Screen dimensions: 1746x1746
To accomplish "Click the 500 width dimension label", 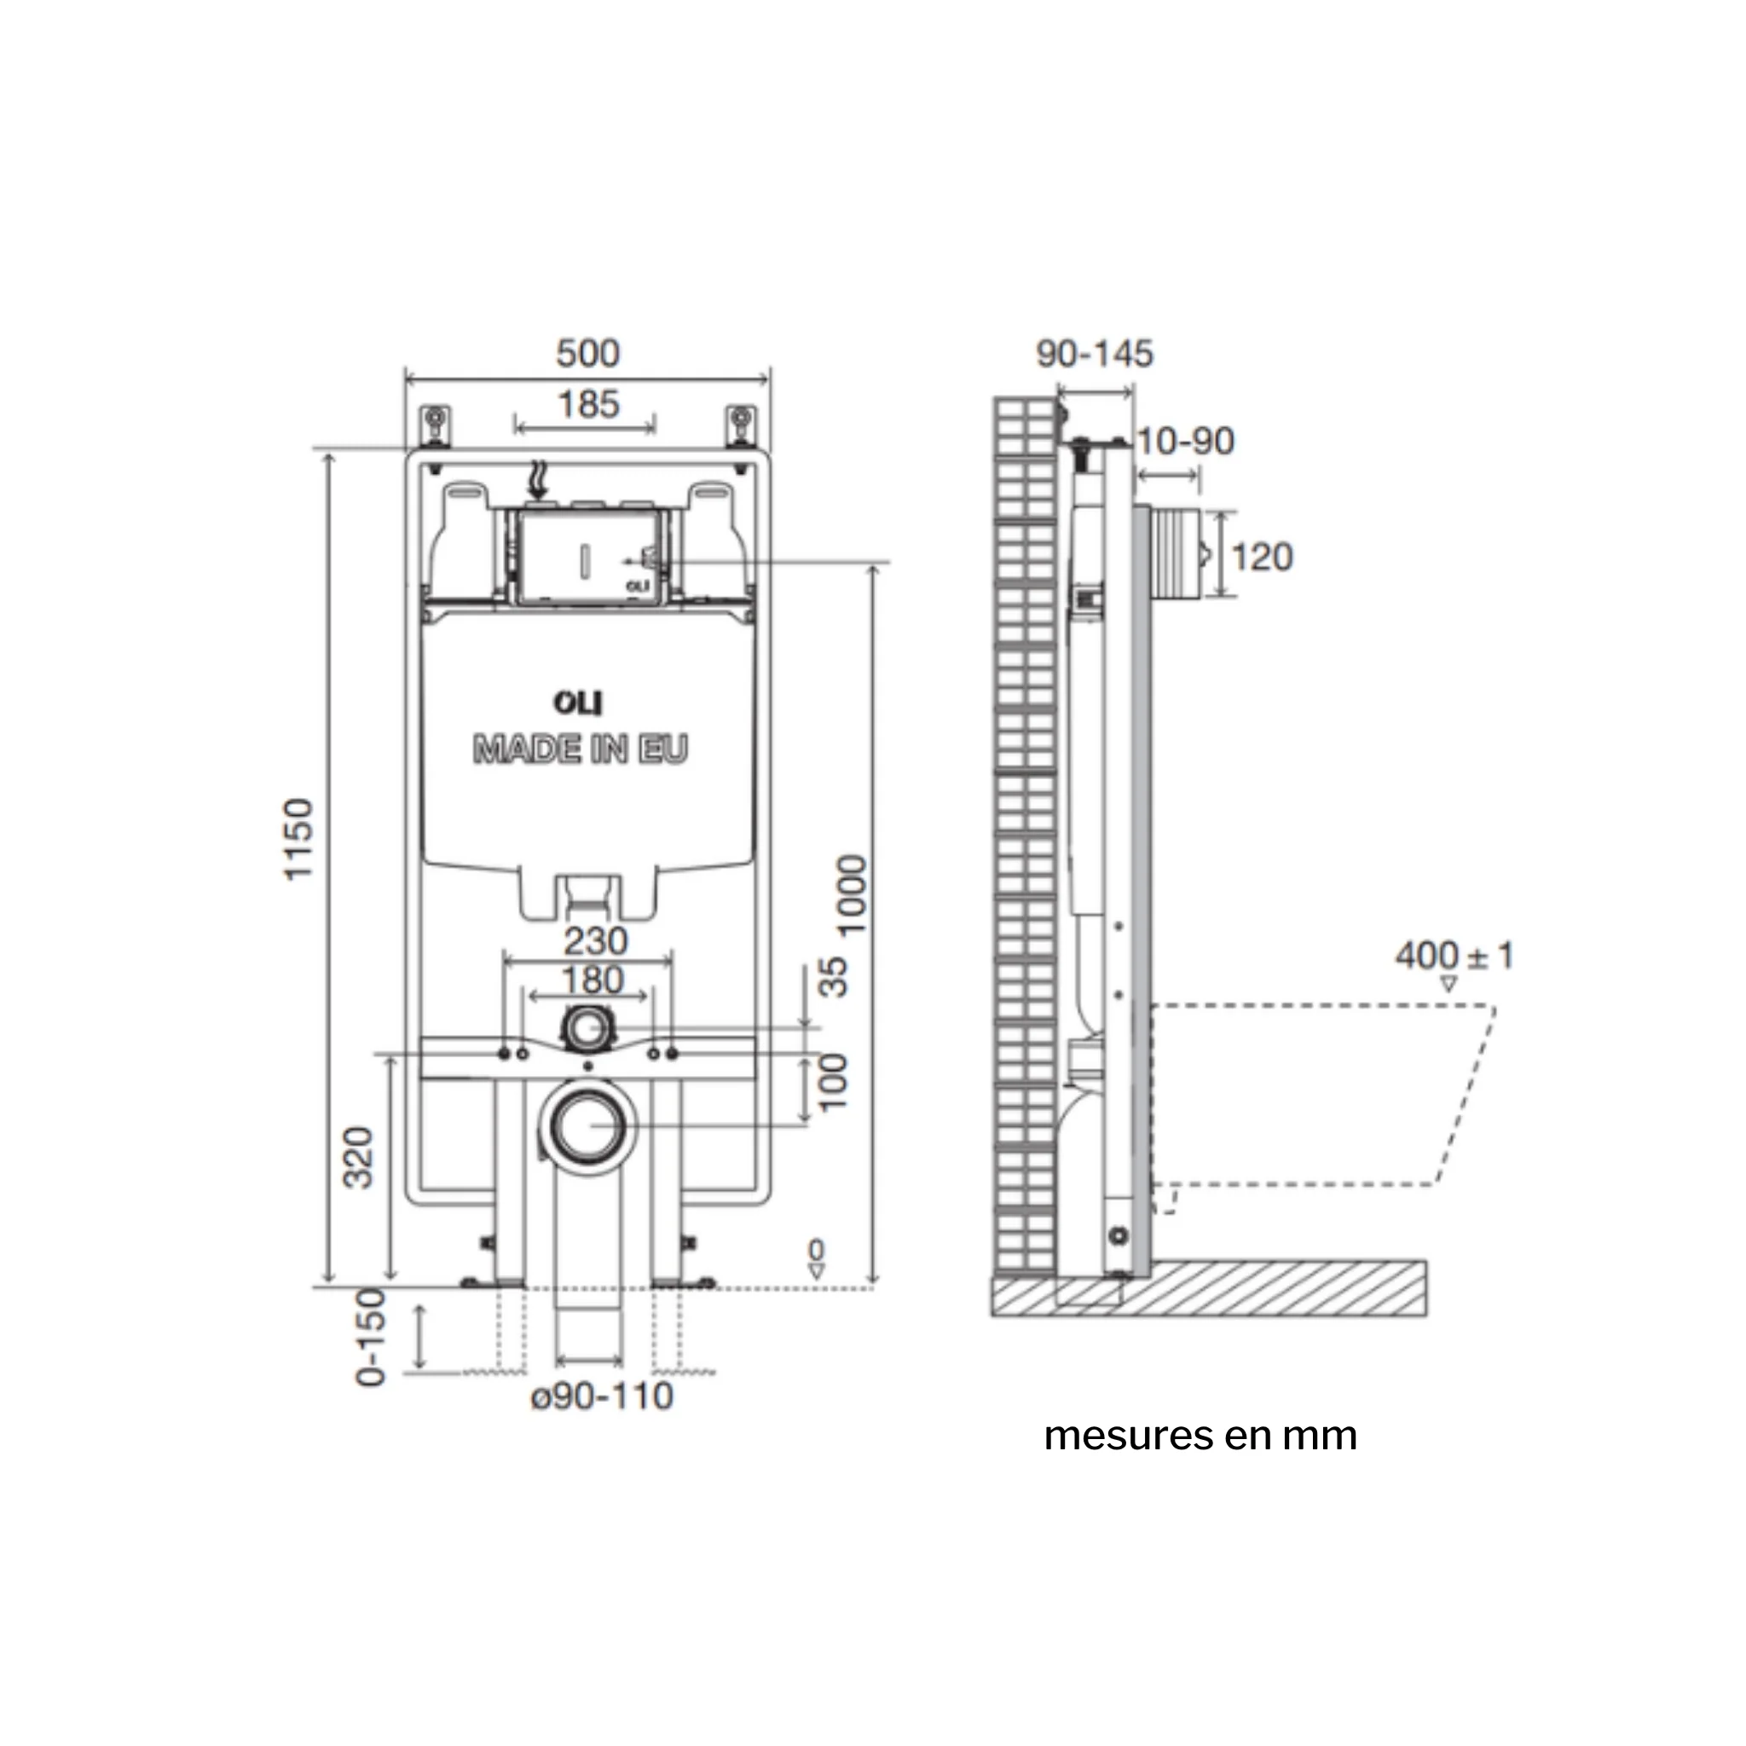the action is (x=587, y=353).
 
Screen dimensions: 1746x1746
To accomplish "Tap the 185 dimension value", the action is (x=588, y=404).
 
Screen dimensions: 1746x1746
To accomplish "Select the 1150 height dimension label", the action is (x=298, y=840).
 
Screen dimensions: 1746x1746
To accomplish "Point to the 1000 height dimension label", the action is (x=852, y=894).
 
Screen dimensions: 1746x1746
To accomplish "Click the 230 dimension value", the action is (x=596, y=942).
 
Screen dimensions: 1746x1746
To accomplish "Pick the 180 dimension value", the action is (x=592, y=980).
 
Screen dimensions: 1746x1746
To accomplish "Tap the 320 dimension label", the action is (x=359, y=1158).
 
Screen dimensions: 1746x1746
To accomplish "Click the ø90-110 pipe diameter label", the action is (x=602, y=1396).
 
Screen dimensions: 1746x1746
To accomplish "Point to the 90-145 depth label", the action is (x=1095, y=353).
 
